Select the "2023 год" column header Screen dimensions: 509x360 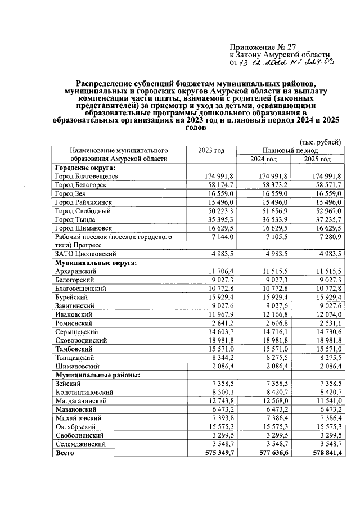click(x=211, y=151)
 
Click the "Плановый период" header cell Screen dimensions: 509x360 click(x=290, y=151)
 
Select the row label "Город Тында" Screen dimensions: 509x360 click(x=75, y=219)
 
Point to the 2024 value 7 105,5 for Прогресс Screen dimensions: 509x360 click(x=276, y=237)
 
